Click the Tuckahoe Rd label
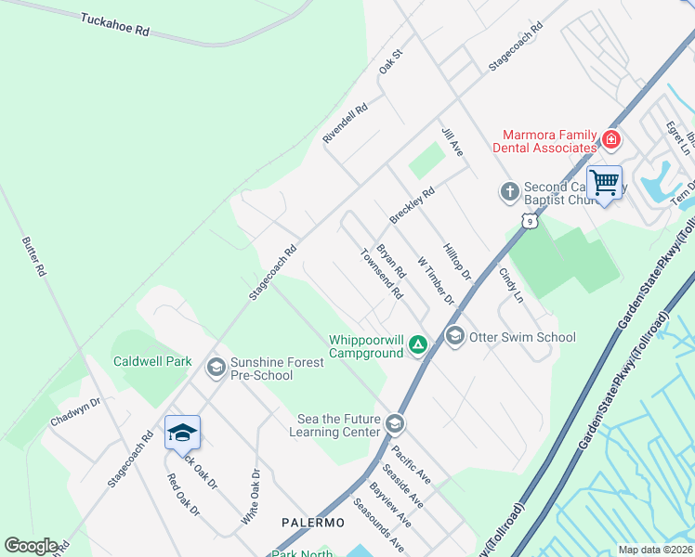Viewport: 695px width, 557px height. (115, 24)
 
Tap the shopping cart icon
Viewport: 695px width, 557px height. (604, 182)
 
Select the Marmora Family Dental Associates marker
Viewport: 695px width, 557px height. (611, 140)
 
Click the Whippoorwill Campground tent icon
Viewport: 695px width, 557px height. (418, 346)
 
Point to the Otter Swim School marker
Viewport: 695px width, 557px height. (454, 337)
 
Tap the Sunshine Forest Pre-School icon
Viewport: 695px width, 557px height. (216, 369)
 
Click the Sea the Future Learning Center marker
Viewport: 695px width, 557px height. (395, 425)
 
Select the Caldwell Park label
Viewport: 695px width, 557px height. (151, 361)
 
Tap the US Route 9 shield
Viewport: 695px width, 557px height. (529, 221)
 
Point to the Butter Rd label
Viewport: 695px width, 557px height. (33, 257)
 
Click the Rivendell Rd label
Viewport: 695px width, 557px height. (346, 123)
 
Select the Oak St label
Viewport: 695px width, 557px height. (390, 63)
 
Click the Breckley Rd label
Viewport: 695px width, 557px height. (413, 206)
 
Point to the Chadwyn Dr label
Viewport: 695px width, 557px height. (75, 412)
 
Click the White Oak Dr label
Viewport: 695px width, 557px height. (252, 497)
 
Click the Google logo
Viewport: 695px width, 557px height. (31, 546)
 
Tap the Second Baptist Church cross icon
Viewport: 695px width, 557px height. (509, 192)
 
